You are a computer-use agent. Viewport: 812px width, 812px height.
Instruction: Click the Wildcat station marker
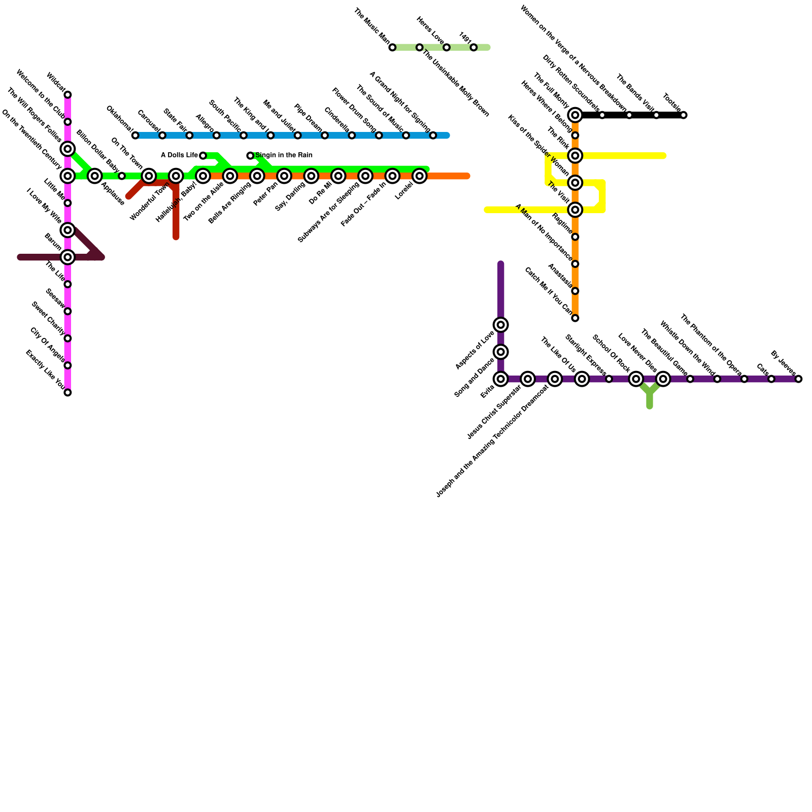pos(67,95)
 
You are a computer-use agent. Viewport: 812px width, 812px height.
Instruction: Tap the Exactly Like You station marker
pos(67,392)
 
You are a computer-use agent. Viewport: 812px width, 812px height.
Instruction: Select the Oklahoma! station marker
pos(135,136)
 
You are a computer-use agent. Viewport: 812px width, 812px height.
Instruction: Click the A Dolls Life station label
pos(179,155)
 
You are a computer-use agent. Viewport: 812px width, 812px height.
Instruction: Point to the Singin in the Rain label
pos(284,155)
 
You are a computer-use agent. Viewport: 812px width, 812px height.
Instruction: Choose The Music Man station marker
pos(392,48)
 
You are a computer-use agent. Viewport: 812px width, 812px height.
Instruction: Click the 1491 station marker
pos(473,48)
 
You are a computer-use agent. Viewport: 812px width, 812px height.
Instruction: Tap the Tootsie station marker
pos(684,115)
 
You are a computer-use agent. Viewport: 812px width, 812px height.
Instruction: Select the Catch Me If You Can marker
pos(575,318)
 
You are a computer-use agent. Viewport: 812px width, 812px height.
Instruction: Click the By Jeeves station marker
pos(799,379)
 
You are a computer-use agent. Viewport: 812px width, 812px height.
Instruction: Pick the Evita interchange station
pos(501,379)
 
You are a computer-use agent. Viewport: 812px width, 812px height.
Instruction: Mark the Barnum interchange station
pos(67,257)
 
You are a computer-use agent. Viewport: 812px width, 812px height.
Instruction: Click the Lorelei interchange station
pos(419,176)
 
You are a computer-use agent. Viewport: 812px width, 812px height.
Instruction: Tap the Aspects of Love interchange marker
pos(501,325)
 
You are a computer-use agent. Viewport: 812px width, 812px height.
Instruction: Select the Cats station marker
pos(771,379)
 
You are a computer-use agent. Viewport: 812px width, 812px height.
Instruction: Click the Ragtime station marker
pos(575,237)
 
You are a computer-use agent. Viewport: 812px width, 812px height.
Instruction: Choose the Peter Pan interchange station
pos(284,176)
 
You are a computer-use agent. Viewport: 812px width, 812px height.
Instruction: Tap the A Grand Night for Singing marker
pos(433,136)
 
